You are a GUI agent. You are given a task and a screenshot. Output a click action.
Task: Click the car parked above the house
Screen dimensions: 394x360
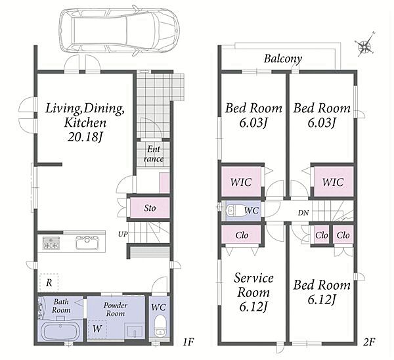[x=120, y=31]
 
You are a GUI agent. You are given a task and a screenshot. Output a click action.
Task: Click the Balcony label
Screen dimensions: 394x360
[x=282, y=58]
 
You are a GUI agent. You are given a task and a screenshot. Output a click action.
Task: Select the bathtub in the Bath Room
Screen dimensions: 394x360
[x=61, y=332]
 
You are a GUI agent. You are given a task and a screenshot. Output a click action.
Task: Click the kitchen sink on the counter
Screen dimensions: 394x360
[x=87, y=242]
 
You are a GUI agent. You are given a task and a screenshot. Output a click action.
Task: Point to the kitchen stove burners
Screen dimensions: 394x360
[x=51, y=243]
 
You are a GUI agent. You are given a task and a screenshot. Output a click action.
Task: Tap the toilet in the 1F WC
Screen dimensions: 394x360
[x=160, y=326]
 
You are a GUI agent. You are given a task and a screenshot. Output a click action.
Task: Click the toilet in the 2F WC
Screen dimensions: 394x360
[x=235, y=211]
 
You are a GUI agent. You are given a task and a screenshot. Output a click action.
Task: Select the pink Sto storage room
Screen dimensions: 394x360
[x=150, y=208]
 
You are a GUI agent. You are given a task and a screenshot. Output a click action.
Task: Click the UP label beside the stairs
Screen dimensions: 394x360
[x=123, y=235]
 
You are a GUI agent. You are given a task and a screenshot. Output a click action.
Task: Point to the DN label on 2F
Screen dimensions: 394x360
[x=303, y=213]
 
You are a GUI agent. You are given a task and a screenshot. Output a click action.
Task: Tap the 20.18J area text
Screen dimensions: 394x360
[x=85, y=137]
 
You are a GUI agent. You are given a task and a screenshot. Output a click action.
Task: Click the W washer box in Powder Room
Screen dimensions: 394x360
[x=97, y=328]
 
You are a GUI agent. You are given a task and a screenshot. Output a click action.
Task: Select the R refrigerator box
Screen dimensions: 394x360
[x=49, y=283]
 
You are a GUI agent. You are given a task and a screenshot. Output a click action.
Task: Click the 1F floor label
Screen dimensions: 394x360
[x=188, y=342]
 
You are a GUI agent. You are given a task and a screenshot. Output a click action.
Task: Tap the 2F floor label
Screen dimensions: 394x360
[x=369, y=342]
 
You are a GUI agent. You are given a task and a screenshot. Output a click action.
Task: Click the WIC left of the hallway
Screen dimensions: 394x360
[x=241, y=182]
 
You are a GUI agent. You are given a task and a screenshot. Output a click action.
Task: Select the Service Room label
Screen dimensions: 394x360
[x=253, y=285]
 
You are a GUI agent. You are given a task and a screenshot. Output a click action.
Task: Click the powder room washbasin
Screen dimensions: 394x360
[x=134, y=330]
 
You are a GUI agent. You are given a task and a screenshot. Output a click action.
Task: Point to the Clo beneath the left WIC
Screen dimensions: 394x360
[x=241, y=235]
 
